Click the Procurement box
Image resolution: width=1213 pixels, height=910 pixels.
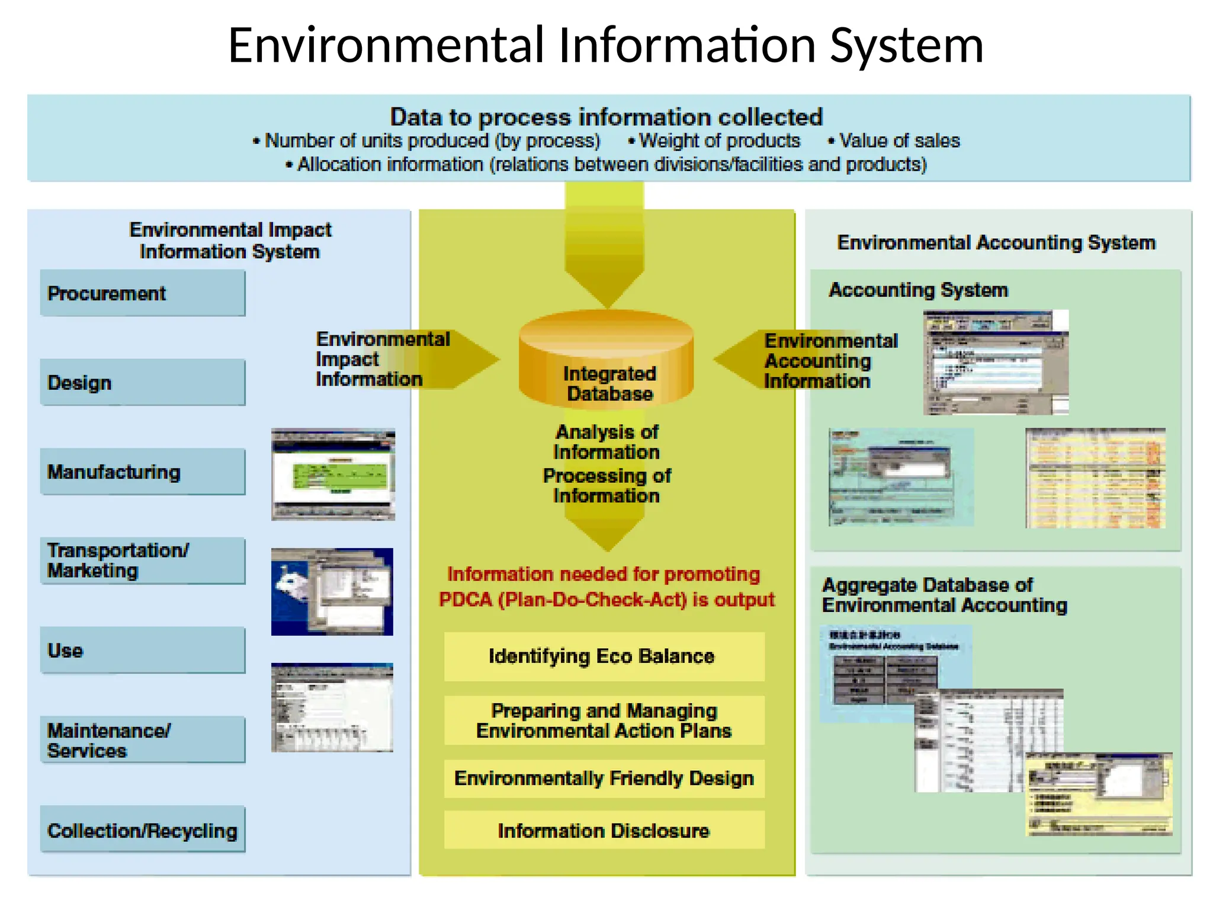click(142, 293)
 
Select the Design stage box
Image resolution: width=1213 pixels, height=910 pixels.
click(142, 382)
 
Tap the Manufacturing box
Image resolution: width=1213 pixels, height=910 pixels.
click(142, 472)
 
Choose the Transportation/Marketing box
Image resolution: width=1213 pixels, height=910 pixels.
click(142, 560)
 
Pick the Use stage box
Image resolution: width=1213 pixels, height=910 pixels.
click(142, 650)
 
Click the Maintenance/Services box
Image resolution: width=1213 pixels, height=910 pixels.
click(142, 740)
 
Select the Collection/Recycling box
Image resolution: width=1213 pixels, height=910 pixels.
click(142, 829)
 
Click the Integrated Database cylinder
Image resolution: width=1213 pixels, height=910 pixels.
click(606, 361)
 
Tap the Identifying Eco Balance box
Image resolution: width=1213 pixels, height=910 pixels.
click(604, 656)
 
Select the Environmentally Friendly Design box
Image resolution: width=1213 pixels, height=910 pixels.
click(604, 778)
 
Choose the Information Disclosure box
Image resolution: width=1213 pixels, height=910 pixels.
click(604, 831)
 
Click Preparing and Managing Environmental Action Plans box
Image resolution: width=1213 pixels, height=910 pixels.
click(604, 720)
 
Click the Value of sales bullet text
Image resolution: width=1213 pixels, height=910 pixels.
click(899, 141)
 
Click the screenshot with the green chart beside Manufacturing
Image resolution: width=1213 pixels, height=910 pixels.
click(333, 475)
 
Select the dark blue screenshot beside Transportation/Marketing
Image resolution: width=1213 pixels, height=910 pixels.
click(332, 591)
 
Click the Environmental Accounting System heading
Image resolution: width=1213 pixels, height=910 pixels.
click(996, 242)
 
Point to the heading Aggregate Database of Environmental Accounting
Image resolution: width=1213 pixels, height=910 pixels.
click(944, 595)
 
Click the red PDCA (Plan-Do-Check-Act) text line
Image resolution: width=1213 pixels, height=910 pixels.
click(606, 600)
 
